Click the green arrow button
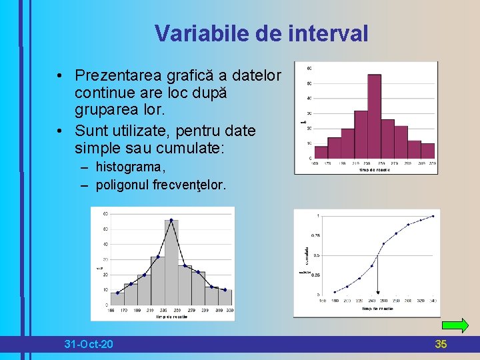coord(455,326)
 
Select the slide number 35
coord(441,344)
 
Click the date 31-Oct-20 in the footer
coord(88,344)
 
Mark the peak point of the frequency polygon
coord(171,220)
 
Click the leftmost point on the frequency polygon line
coord(118,293)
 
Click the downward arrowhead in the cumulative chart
coord(377,291)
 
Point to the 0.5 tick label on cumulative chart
coord(316,255)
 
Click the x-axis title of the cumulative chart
coord(377,309)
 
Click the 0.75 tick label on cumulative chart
coord(315,235)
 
